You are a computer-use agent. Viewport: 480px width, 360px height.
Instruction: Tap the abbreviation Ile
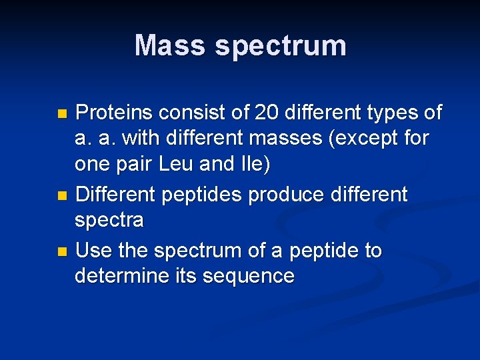click(x=253, y=164)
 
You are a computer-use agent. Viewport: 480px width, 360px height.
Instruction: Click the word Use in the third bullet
click(x=94, y=251)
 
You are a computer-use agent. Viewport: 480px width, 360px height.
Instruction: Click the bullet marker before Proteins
click(x=63, y=114)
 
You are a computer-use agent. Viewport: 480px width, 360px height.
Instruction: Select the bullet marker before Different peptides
click(x=63, y=196)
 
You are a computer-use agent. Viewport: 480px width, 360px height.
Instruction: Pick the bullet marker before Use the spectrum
click(x=63, y=251)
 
